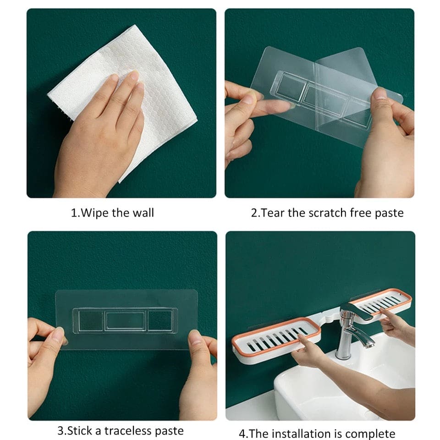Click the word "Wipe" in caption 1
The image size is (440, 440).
coord(94,213)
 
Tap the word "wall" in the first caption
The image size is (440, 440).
coord(143,212)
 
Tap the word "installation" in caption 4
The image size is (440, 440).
coord(306,434)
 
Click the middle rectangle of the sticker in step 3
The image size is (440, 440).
coord(125,320)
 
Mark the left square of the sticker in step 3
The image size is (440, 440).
coord(90,320)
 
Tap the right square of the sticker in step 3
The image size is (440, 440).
coord(160,320)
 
